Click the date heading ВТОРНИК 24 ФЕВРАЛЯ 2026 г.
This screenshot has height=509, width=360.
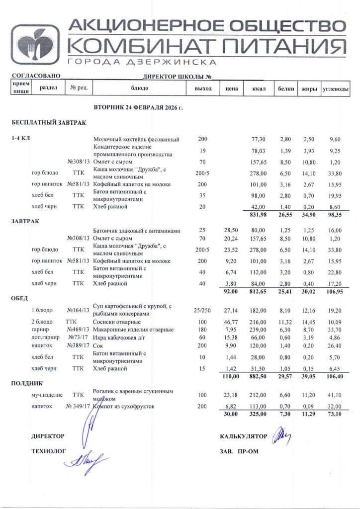(x=138, y=107)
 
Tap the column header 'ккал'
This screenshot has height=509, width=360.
(x=259, y=89)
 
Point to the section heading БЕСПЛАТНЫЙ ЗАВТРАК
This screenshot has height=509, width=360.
(x=49, y=122)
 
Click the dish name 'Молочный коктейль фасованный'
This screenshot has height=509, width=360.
(x=136, y=140)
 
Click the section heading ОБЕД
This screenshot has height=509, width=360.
(x=20, y=298)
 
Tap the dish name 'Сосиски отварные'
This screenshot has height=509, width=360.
(x=116, y=322)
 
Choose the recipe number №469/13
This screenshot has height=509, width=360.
(x=78, y=330)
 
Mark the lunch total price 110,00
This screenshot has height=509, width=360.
(x=230, y=377)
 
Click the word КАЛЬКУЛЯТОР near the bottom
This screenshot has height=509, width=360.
(x=244, y=436)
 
